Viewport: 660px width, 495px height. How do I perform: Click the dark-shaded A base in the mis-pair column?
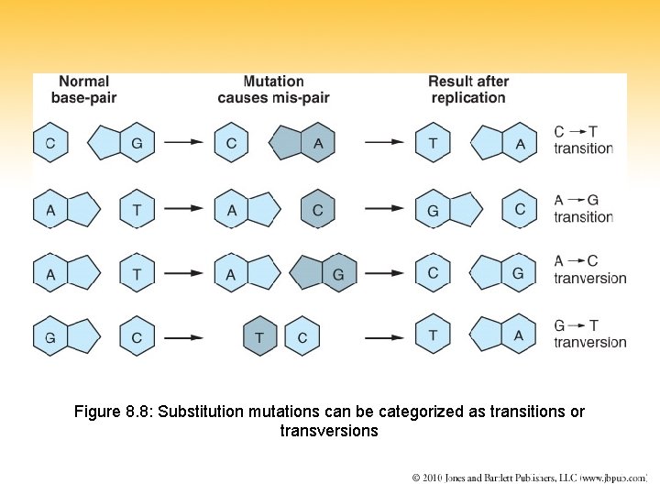[x=317, y=143]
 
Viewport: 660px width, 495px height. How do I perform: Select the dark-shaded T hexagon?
[x=259, y=338]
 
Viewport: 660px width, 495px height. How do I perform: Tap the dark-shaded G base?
[x=337, y=274]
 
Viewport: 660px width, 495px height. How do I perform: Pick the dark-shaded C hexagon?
[x=317, y=210]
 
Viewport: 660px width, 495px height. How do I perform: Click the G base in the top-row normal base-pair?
[x=137, y=143]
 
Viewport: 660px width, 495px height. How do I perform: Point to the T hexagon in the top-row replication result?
[x=433, y=143]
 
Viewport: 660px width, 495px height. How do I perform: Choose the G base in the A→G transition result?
[x=434, y=210]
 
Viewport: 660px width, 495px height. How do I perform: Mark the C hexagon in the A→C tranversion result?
[x=433, y=273]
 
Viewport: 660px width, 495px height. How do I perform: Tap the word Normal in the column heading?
[x=83, y=82]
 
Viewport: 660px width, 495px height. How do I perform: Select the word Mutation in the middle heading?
[x=273, y=82]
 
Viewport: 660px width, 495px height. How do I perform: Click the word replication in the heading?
[x=467, y=98]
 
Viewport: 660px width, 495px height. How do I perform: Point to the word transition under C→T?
[x=583, y=148]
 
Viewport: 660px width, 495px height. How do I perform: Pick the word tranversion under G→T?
[x=590, y=342]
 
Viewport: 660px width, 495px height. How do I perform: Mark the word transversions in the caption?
[x=329, y=431]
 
